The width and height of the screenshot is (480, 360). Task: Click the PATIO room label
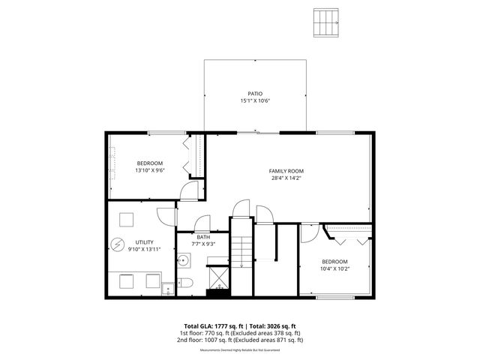[x=255, y=94]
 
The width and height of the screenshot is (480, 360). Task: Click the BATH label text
[x=202, y=237]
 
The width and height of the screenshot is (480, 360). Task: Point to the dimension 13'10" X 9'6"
[x=150, y=170]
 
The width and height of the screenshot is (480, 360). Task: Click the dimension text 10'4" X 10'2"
[x=334, y=268]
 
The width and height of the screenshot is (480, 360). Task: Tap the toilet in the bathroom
[x=187, y=283]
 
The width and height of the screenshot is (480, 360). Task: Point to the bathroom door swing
[x=202, y=223]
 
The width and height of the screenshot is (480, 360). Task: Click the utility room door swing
[x=164, y=211]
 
